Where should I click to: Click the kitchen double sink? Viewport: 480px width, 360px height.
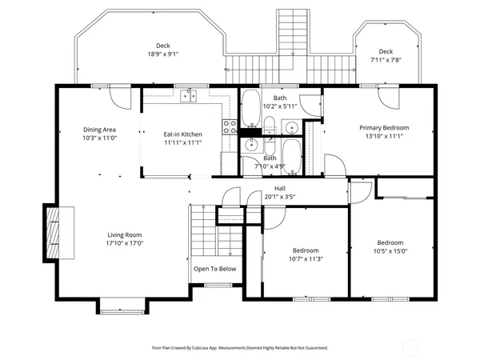189,96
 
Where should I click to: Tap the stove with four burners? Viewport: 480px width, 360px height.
230,126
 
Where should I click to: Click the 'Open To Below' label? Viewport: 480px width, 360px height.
214,269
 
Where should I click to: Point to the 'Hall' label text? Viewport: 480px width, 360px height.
280,189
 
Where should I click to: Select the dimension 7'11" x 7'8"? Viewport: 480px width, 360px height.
386,60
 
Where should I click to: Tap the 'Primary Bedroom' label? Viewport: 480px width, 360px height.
384,128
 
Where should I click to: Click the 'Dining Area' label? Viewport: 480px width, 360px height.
100,130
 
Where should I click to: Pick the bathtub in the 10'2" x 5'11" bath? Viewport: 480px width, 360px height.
250,106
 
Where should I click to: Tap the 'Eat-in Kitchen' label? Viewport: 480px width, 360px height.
182,134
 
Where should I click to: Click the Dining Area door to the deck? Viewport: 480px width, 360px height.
120,98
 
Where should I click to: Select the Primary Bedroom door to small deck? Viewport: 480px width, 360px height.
391,98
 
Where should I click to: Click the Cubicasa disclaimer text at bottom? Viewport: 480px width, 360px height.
240,348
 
